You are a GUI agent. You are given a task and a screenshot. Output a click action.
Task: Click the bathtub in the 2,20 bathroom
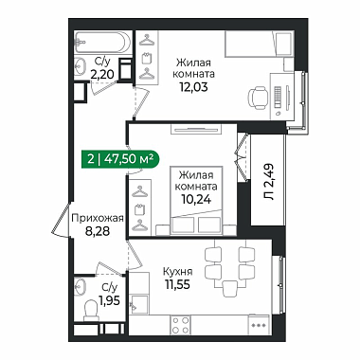pyautogui.click(x=102, y=43)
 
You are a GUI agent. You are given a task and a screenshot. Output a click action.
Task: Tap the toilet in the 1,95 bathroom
pyautogui.click(x=91, y=310)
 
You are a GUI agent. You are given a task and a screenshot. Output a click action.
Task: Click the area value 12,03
pyautogui.click(x=193, y=86)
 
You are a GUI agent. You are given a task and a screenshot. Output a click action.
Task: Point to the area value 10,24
pyautogui.click(x=196, y=199)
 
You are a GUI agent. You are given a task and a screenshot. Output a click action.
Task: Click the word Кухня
pyautogui.click(x=178, y=272)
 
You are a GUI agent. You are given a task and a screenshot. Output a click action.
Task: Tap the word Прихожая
pyautogui.click(x=97, y=218)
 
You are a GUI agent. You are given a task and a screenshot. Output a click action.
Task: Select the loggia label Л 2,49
pyautogui.click(x=268, y=182)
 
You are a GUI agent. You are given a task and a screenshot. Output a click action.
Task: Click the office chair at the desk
pyautogui.click(x=259, y=98)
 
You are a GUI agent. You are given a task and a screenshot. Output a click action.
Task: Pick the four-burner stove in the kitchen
pyautogui.click(x=180, y=325)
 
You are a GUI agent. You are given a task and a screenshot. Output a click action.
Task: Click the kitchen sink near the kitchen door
pyautogui.click(x=138, y=305)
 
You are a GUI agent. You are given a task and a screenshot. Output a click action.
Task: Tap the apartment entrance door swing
pyautogui.click(x=62, y=220)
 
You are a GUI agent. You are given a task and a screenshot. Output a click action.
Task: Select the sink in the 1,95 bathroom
pyautogui.click(x=81, y=284)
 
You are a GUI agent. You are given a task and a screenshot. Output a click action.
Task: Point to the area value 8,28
pyautogui.click(x=97, y=231)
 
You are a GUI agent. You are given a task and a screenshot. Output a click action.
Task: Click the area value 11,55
pyautogui.click(x=177, y=284)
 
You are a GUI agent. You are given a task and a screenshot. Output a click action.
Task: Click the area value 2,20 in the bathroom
pyautogui.click(x=102, y=75)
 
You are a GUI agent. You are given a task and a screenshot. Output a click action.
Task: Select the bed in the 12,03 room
pyautogui.click(x=259, y=44)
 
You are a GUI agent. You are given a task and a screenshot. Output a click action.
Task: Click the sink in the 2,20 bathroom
pyautogui.click(x=81, y=65)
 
